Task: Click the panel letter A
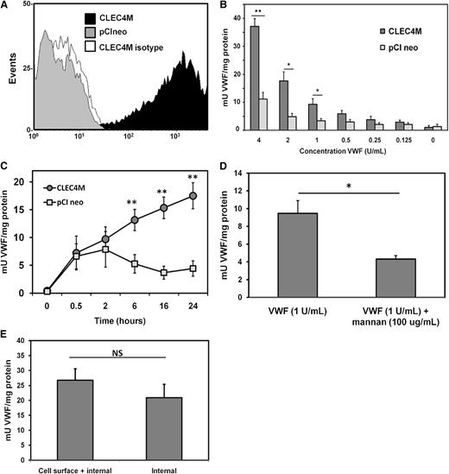click(6, 8)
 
